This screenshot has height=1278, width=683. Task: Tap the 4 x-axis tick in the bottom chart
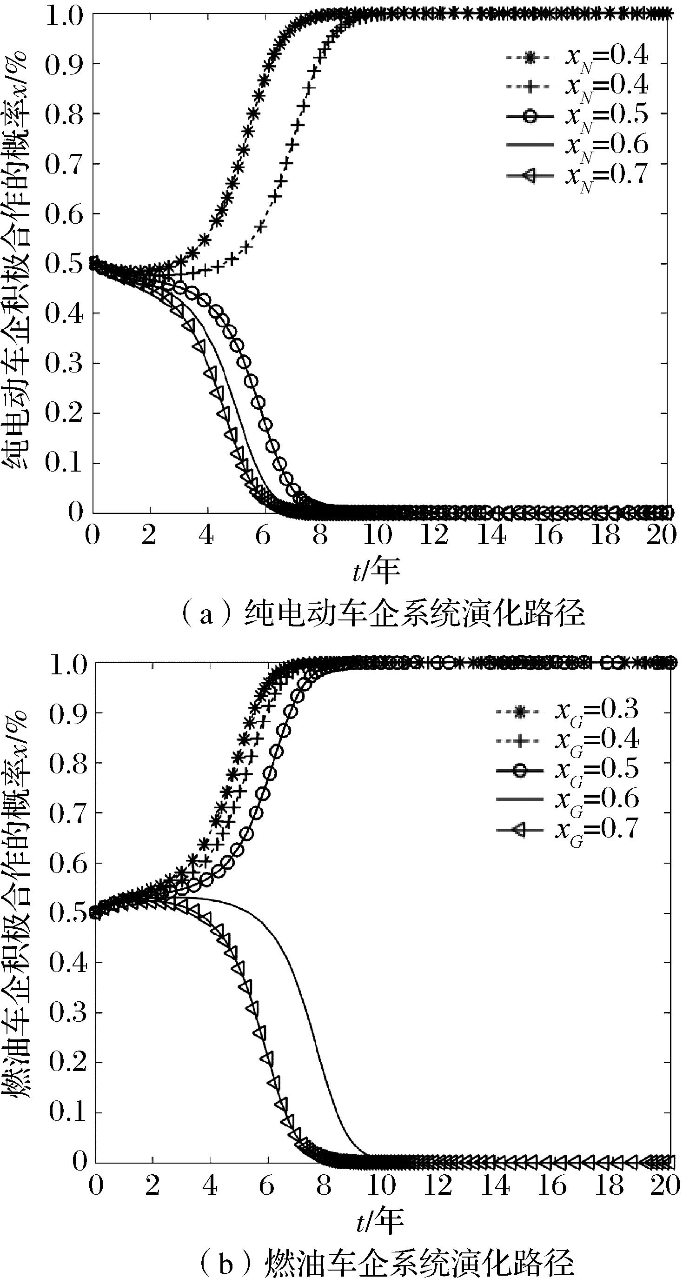[210, 1186]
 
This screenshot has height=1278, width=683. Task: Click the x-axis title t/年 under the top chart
[376, 571]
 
